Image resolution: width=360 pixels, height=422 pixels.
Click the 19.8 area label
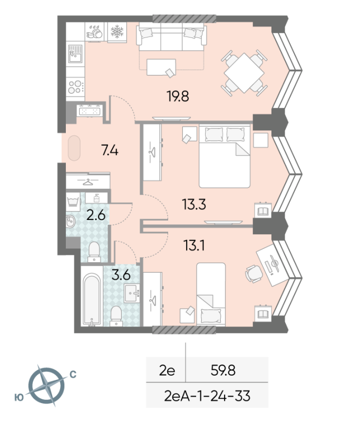pos(178,96)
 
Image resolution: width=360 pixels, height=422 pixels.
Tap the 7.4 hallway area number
pos(110,150)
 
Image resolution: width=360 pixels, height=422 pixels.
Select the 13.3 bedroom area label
pos(194,204)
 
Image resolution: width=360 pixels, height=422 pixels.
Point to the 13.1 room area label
pos(194,245)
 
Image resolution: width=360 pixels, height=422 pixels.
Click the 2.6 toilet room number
pos(96,215)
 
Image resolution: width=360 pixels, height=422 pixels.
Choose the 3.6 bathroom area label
pos(121,275)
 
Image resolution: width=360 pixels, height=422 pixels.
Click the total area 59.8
pos(223,370)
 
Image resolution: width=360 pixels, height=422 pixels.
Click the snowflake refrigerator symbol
pos(117,32)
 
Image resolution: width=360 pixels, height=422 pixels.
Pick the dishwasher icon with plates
pos(94,32)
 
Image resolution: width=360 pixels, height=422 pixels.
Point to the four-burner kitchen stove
pos(75,87)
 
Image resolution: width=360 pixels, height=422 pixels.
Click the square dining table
pos(244,73)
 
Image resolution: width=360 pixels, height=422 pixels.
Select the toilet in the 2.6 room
pos(94,252)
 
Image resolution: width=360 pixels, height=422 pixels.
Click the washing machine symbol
pos(73,202)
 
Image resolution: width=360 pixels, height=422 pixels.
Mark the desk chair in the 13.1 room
pos(253,274)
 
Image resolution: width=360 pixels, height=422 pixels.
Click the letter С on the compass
pos(73,374)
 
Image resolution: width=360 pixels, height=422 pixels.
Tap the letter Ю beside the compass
pos(19,398)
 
